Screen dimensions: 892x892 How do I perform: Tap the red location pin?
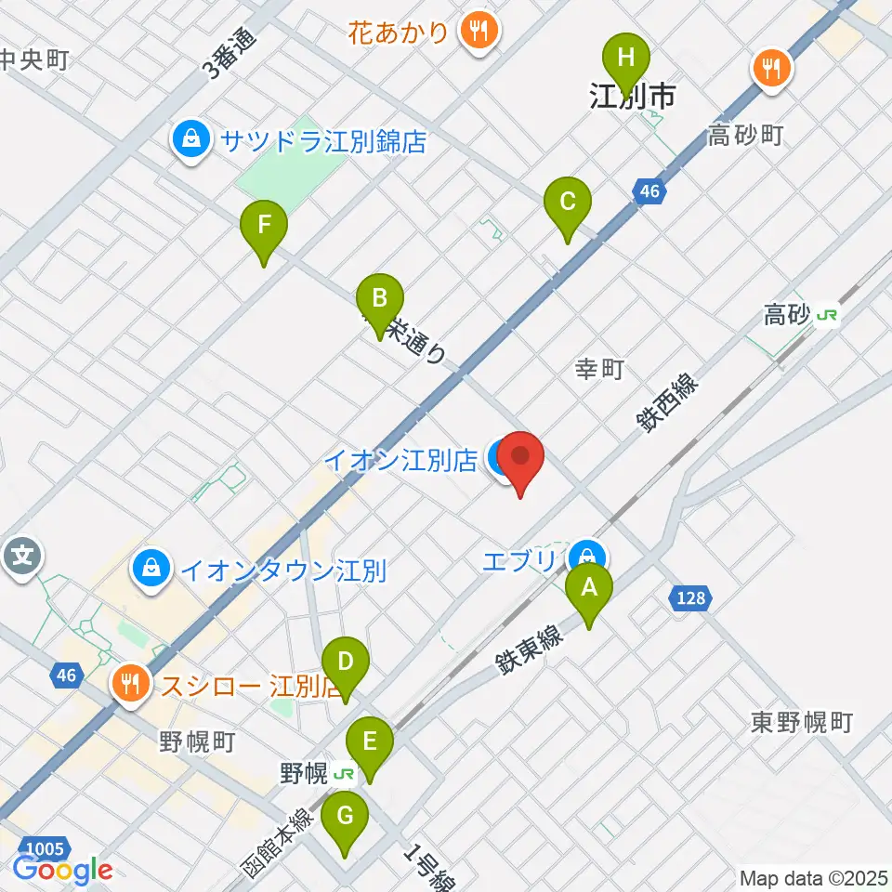tap(520, 461)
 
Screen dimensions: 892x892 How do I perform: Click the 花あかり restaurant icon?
tap(479, 33)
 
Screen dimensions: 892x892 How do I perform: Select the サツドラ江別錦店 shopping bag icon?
tap(190, 141)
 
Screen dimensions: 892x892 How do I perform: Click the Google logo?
tap(63, 871)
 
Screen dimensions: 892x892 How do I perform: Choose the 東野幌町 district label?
tap(802, 722)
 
